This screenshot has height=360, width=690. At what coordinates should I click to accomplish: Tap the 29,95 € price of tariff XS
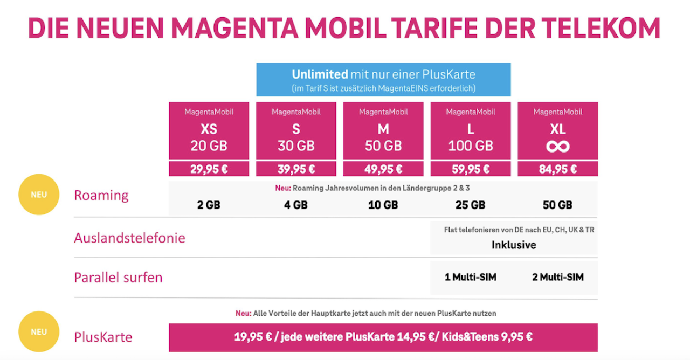click(x=209, y=169)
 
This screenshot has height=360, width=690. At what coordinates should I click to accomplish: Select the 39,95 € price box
click(x=296, y=169)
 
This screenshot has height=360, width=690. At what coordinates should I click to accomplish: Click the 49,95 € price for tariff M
click(x=383, y=169)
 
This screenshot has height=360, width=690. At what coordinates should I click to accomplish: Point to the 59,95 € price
click(x=471, y=169)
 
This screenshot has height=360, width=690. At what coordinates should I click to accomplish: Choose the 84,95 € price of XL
click(x=558, y=169)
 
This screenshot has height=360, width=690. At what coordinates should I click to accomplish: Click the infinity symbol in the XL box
click(x=558, y=147)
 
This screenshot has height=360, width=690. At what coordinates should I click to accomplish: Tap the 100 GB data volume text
click(x=471, y=146)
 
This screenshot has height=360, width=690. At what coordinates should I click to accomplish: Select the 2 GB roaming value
click(x=209, y=205)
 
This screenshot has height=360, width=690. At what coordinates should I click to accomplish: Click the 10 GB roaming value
click(x=383, y=205)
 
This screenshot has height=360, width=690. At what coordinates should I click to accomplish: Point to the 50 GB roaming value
click(x=558, y=205)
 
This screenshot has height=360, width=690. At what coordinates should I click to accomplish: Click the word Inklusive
click(x=514, y=245)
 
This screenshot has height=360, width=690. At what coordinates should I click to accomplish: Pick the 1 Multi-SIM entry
click(x=471, y=277)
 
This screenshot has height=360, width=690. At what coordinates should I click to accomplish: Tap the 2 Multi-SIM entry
click(x=558, y=277)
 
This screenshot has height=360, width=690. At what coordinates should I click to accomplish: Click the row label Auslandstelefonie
click(x=129, y=238)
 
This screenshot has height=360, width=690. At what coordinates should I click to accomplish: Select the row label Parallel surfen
click(x=118, y=278)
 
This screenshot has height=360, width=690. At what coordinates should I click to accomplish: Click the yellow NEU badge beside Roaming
click(x=39, y=195)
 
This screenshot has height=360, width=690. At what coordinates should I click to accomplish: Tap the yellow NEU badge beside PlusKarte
click(x=39, y=331)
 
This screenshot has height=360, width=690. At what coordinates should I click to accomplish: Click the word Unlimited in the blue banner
click(x=320, y=74)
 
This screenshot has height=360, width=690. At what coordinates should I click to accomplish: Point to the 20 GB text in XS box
click(x=209, y=146)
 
